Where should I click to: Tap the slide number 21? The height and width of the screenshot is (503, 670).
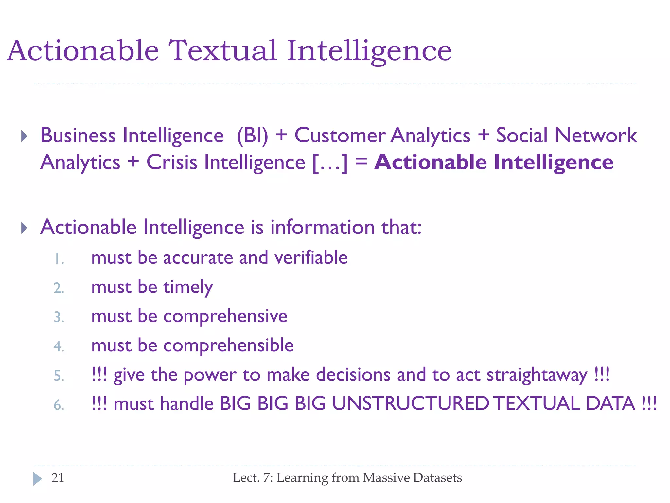coord(58,478)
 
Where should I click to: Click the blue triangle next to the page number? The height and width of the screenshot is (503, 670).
coord(37,479)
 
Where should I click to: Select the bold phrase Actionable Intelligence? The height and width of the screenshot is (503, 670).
coord(494,162)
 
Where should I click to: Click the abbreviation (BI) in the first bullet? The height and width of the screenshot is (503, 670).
coord(252,135)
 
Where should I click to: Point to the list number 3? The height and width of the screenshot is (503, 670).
coord(59,317)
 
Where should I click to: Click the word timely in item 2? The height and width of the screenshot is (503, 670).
coord(188,287)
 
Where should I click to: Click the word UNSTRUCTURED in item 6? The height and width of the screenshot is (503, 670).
coord(410,403)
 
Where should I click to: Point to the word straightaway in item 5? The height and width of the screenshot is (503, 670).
coord(537,375)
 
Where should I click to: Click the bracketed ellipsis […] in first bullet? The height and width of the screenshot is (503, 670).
coord(330,163)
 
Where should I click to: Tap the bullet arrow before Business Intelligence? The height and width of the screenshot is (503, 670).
coord(24,136)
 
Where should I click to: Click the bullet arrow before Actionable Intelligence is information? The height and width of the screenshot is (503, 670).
coord(24,228)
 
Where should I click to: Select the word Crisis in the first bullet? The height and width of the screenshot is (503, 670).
coord(171,162)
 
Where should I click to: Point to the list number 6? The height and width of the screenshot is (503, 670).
coord(59,405)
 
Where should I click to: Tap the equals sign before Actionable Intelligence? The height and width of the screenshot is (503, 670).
coord(361,161)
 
